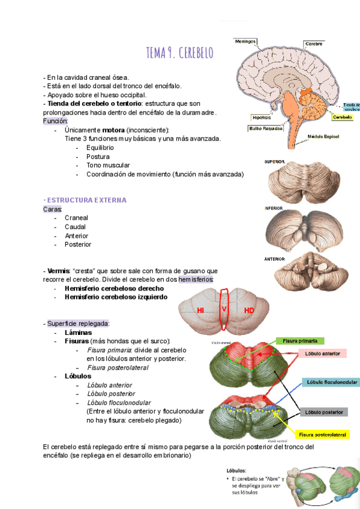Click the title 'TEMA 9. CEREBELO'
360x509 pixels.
[179, 53]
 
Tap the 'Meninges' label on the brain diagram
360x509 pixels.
[245, 42]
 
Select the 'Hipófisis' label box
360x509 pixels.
[262, 118]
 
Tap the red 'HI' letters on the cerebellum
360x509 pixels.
[202, 310]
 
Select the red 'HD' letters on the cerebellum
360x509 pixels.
[249, 310]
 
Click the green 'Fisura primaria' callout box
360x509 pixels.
[301, 340]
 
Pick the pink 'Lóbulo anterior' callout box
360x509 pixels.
[322, 354]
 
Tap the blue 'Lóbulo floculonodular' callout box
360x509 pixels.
[332, 382]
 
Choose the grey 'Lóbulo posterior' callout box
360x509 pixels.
[323, 412]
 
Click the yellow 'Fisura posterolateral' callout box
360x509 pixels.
[323, 434]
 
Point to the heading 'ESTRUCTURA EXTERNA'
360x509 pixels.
[86, 199]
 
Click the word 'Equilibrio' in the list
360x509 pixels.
[100, 148]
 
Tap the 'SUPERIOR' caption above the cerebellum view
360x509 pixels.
[274, 162]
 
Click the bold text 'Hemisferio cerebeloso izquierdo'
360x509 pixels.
[116, 297]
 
